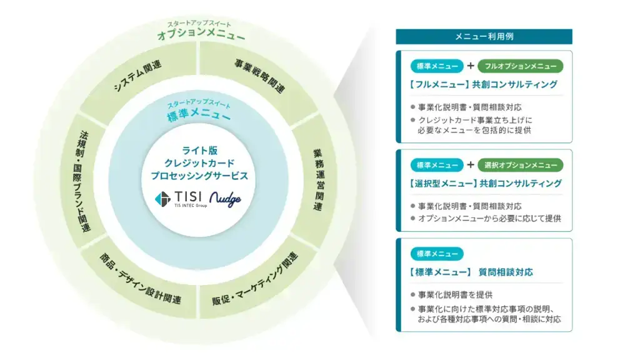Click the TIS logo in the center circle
pos(181,199)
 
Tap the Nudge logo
pos(225,199)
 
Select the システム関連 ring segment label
pos(137,76)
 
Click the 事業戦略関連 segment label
pos(259,76)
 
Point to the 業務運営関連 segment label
pos(319,180)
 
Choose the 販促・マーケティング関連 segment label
pos(255,279)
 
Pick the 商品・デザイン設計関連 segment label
pos(140,279)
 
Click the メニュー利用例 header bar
pos(484,36)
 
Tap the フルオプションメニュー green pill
pos(521,66)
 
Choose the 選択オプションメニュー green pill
pos(521,165)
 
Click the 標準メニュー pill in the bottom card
pos(437,254)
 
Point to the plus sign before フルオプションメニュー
pos(471,66)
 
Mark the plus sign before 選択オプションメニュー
pos(471,164)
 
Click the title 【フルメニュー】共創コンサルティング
pos(483,84)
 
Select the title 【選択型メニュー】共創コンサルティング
pos(485,184)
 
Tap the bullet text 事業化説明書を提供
pos(455,295)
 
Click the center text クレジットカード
pos(199,163)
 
